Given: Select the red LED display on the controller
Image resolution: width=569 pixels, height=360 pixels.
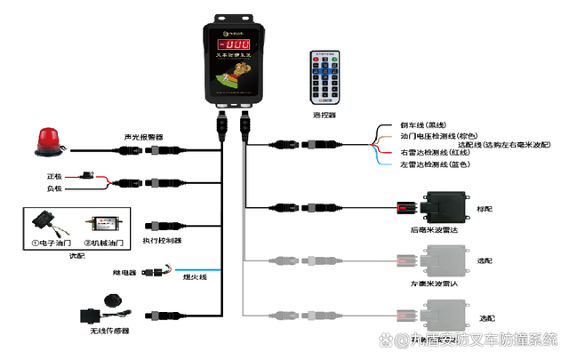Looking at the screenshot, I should coord(235,44).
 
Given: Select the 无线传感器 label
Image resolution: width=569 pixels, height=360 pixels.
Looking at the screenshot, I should coord(109,332).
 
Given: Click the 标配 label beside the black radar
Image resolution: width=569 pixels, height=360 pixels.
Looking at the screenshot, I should coord(485,210).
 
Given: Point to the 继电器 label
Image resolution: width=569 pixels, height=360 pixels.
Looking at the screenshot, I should coord(124,271).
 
